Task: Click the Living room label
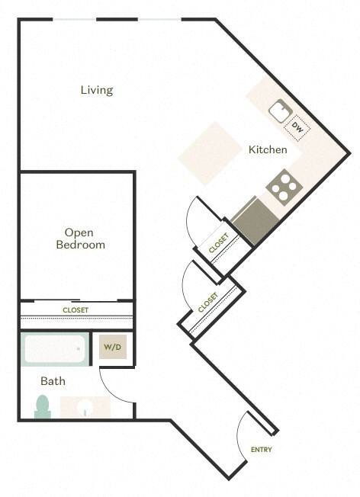tap(97, 90)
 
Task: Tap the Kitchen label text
tap(268, 149)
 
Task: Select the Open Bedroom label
tap(80, 239)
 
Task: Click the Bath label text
tap(53, 381)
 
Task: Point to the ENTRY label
tap(261, 450)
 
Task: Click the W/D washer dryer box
tap(113, 348)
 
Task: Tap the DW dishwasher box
tap(298, 128)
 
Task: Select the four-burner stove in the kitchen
tap(282, 187)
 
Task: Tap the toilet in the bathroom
tap(42, 406)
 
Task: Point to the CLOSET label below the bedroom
tap(75, 310)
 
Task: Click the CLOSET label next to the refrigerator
tap(219, 243)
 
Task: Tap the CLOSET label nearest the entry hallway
tap(207, 303)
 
